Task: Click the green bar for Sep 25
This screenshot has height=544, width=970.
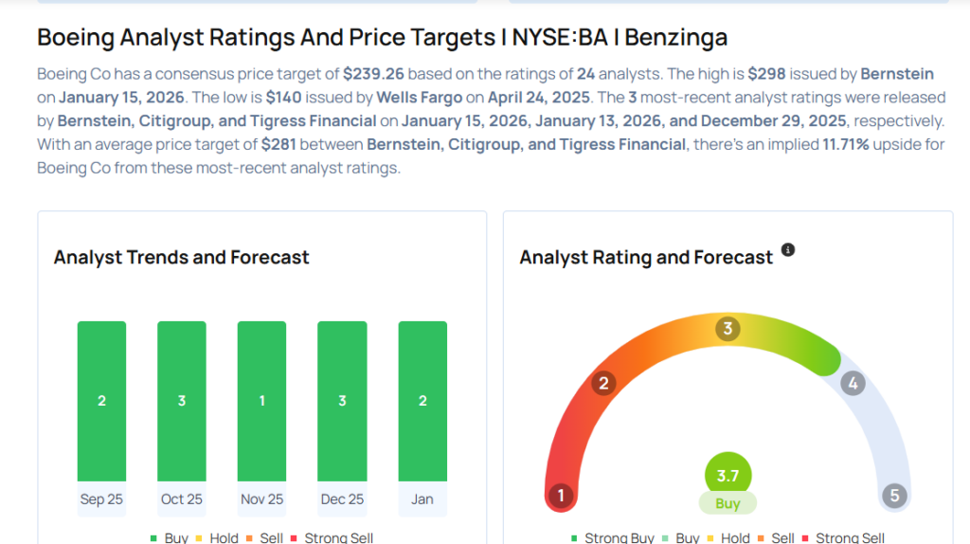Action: click(x=101, y=400)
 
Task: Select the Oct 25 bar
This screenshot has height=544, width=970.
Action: click(x=182, y=400)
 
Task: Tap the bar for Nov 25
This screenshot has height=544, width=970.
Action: click(x=261, y=400)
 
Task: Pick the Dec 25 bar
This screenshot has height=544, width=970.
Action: click(x=342, y=400)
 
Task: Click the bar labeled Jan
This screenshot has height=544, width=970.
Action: click(x=422, y=400)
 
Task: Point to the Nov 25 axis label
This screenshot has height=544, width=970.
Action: click(x=261, y=499)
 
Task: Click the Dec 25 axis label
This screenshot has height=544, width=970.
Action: click(x=342, y=499)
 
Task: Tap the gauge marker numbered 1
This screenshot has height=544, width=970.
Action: click(x=561, y=496)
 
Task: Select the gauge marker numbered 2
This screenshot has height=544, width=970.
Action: click(x=602, y=383)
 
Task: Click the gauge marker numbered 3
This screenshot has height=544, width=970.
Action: click(x=727, y=330)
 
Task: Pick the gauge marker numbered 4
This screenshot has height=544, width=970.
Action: click(x=853, y=383)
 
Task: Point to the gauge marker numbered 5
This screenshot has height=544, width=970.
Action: click(x=893, y=496)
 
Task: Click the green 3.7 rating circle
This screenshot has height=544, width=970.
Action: click(x=727, y=476)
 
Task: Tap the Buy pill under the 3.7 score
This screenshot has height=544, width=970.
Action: click(x=727, y=503)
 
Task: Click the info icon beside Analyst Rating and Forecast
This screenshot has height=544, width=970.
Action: click(x=788, y=251)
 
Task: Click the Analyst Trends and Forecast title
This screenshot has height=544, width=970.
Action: click(x=182, y=257)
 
